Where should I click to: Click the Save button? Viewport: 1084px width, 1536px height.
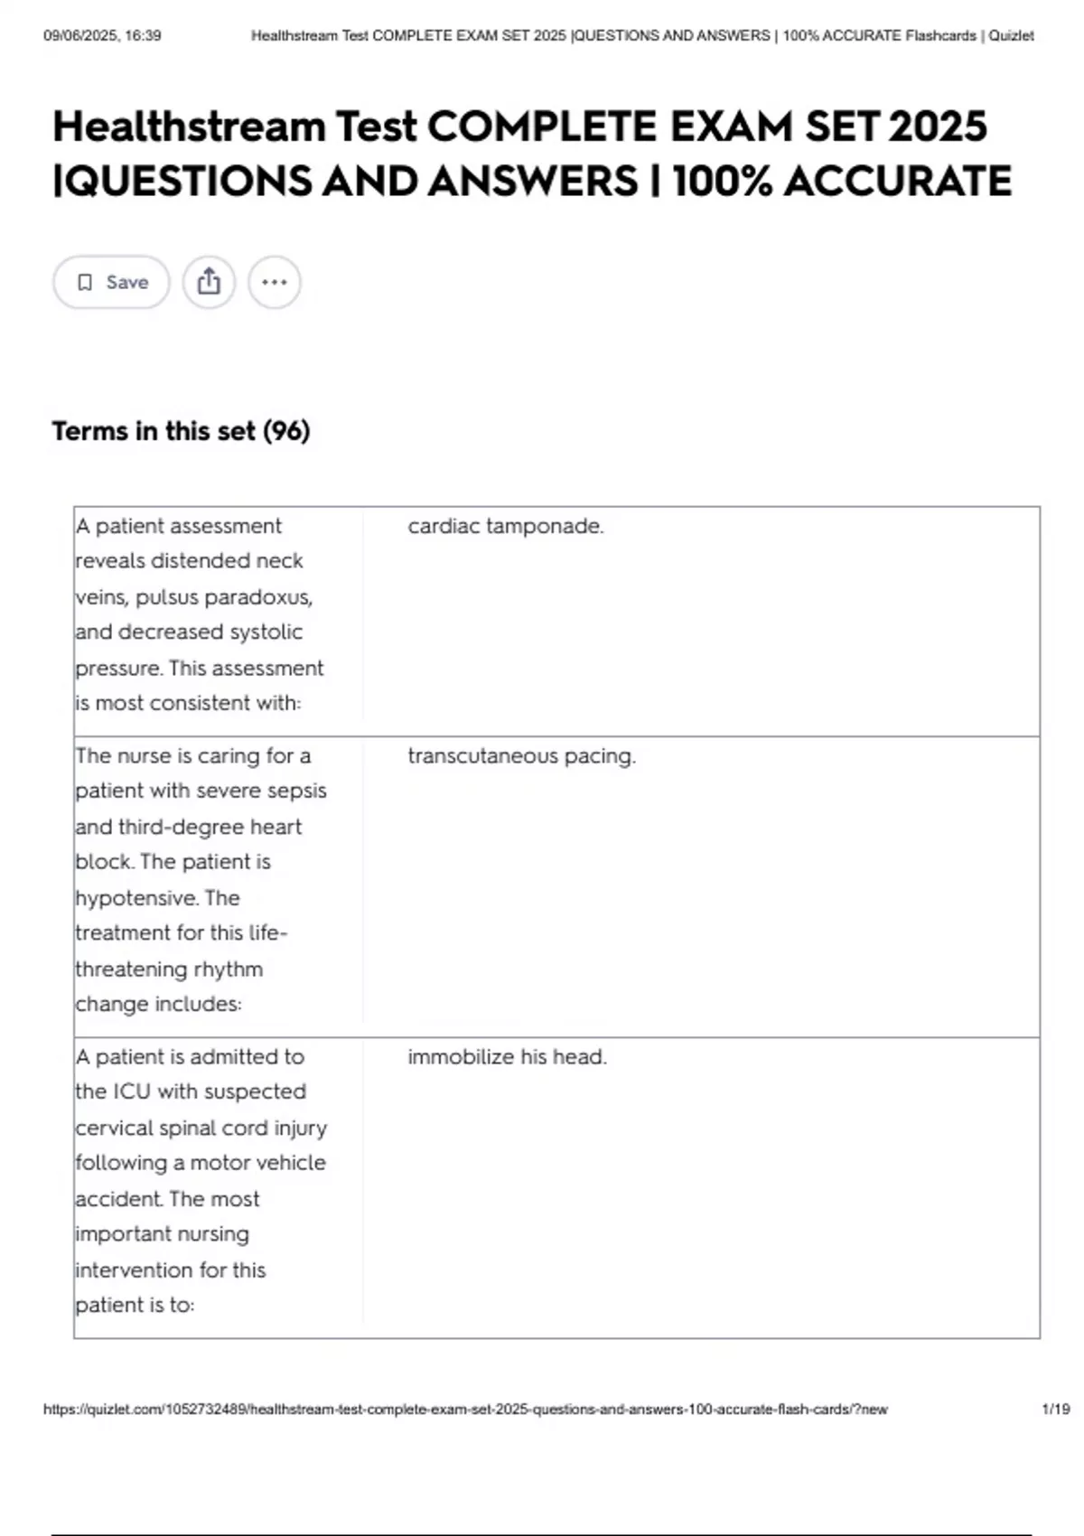[111, 283]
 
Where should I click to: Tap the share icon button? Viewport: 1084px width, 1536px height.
[209, 283]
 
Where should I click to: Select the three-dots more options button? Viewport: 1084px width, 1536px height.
[275, 283]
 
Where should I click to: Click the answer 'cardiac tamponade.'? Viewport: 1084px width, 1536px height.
[505, 526]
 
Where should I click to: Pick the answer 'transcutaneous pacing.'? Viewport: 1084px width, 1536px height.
[521, 756]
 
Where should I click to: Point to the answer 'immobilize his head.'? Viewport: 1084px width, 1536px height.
[507, 1057]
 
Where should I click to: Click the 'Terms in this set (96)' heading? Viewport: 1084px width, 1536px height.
[181, 431]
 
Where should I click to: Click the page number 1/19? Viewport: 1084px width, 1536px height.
[1055, 1410]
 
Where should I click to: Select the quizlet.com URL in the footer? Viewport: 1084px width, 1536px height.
[465, 1410]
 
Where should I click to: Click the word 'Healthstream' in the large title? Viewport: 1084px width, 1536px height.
[189, 126]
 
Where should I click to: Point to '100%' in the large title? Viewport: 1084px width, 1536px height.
[722, 182]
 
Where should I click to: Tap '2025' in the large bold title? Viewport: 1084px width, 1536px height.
[938, 126]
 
